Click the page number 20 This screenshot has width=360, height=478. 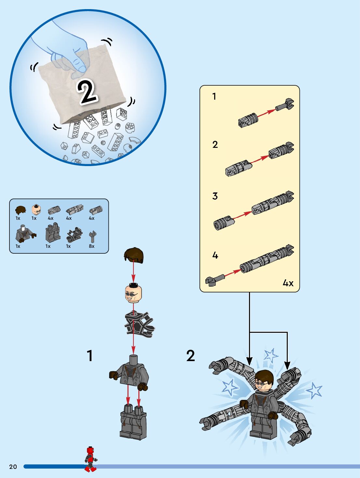coord(13,467)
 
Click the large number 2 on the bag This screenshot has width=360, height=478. coord(87,92)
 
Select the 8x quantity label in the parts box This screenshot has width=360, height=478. coord(92,246)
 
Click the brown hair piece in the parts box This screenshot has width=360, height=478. coord(21,210)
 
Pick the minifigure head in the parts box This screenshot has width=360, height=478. coord(36,209)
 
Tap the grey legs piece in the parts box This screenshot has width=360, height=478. coord(53,232)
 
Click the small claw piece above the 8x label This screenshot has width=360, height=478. coord(92,236)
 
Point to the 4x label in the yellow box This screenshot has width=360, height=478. coord(288,283)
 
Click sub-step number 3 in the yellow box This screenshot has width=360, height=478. coord(215,196)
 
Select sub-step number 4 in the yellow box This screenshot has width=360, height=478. coord(215,255)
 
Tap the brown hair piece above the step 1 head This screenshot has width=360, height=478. coord(134,255)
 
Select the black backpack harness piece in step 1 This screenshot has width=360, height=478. coord(139,324)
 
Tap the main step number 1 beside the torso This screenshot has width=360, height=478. coord(90,356)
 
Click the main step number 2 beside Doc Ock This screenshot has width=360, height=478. coord(190,356)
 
